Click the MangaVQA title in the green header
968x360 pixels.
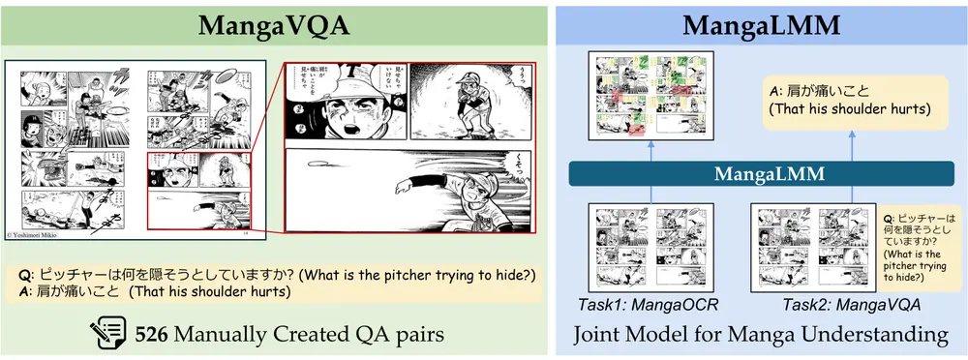tap(276, 24)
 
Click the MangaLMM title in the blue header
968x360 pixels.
tap(761, 24)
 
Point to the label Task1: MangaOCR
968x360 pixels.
tap(639, 304)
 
